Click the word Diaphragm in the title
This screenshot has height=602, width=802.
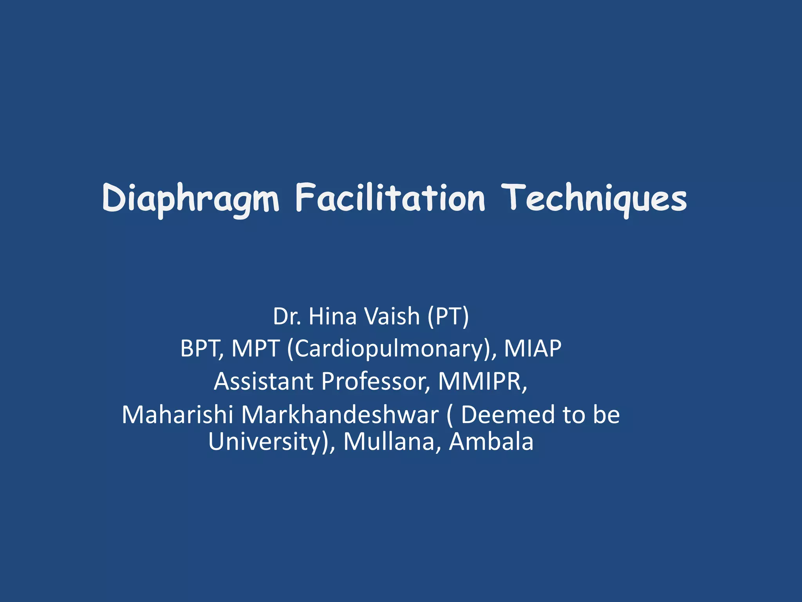tap(191, 199)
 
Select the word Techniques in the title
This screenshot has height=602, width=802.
tap(594, 199)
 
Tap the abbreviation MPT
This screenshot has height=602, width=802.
tap(255, 348)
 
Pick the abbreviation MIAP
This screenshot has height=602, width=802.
tap(533, 348)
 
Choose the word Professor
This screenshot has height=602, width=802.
tap(376, 381)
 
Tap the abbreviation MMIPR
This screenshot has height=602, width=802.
tap(482, 381)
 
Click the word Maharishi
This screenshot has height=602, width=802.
tap(177, 415)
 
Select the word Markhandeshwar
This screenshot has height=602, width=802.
tap(340, 415)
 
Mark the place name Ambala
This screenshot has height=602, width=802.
tap(491, 441)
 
